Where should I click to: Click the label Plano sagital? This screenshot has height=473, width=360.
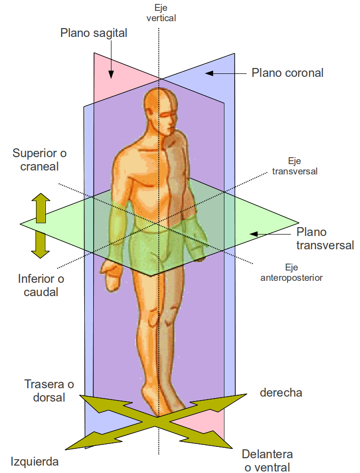(94, 33)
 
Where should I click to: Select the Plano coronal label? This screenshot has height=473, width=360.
(288, 73)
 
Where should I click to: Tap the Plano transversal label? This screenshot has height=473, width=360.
(325, 238)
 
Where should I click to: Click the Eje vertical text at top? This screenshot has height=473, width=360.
(161, 14)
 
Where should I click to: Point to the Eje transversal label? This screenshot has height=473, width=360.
(294, 167)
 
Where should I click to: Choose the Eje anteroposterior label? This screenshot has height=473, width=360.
(291, 272)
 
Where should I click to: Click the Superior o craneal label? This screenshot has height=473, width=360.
(39, 160)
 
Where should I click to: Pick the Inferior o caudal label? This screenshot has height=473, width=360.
(41, 285)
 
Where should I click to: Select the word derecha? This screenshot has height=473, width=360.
(281, 393)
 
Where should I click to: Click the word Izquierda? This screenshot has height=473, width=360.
(35, 462)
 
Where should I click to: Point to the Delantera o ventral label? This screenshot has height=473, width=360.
(267, 460)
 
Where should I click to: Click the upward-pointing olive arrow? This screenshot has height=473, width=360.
(41, 207)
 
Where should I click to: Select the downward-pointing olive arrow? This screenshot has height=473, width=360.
(41, 245)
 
